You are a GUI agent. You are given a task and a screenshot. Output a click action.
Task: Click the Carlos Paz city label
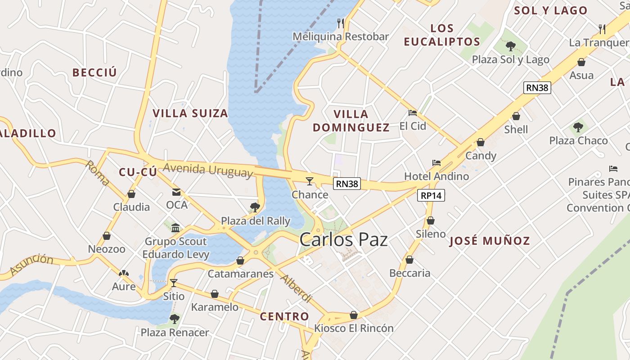coord(343,239)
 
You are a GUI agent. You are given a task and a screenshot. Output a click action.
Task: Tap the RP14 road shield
coord(431,195)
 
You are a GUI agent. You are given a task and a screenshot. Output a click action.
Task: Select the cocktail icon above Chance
coord(310,181)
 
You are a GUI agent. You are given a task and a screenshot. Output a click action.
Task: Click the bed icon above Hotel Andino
coord(436,163)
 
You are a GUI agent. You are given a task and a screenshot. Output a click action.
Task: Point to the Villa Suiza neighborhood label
coord(190,113)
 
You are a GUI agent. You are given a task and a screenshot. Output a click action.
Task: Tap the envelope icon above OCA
coord(176,192)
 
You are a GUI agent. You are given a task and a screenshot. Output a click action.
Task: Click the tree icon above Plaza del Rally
coord(255,207)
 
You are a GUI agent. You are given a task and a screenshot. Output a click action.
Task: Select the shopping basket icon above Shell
coord(516,116)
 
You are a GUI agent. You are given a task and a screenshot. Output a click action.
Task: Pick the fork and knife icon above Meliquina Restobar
coord(341,23)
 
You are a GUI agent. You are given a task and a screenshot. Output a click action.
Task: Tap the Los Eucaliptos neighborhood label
coord(442,35)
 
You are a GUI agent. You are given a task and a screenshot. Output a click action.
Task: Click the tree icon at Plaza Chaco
coord(578,127)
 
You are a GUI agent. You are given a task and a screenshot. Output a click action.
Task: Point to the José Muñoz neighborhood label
coord(490,241)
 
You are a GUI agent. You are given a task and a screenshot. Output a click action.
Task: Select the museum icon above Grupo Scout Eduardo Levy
coord(175,228)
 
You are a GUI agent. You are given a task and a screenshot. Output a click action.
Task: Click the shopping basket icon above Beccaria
coord(409,260)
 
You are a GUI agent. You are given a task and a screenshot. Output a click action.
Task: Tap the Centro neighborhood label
coord(284,316)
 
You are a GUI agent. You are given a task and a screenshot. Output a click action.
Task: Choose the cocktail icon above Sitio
coord(174,283)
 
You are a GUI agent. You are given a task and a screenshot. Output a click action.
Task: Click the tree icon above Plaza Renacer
coord(175,319)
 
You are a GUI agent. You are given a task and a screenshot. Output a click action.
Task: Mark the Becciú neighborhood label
coord(94,72)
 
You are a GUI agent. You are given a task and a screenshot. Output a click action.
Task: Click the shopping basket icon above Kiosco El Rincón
coord(354,315)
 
